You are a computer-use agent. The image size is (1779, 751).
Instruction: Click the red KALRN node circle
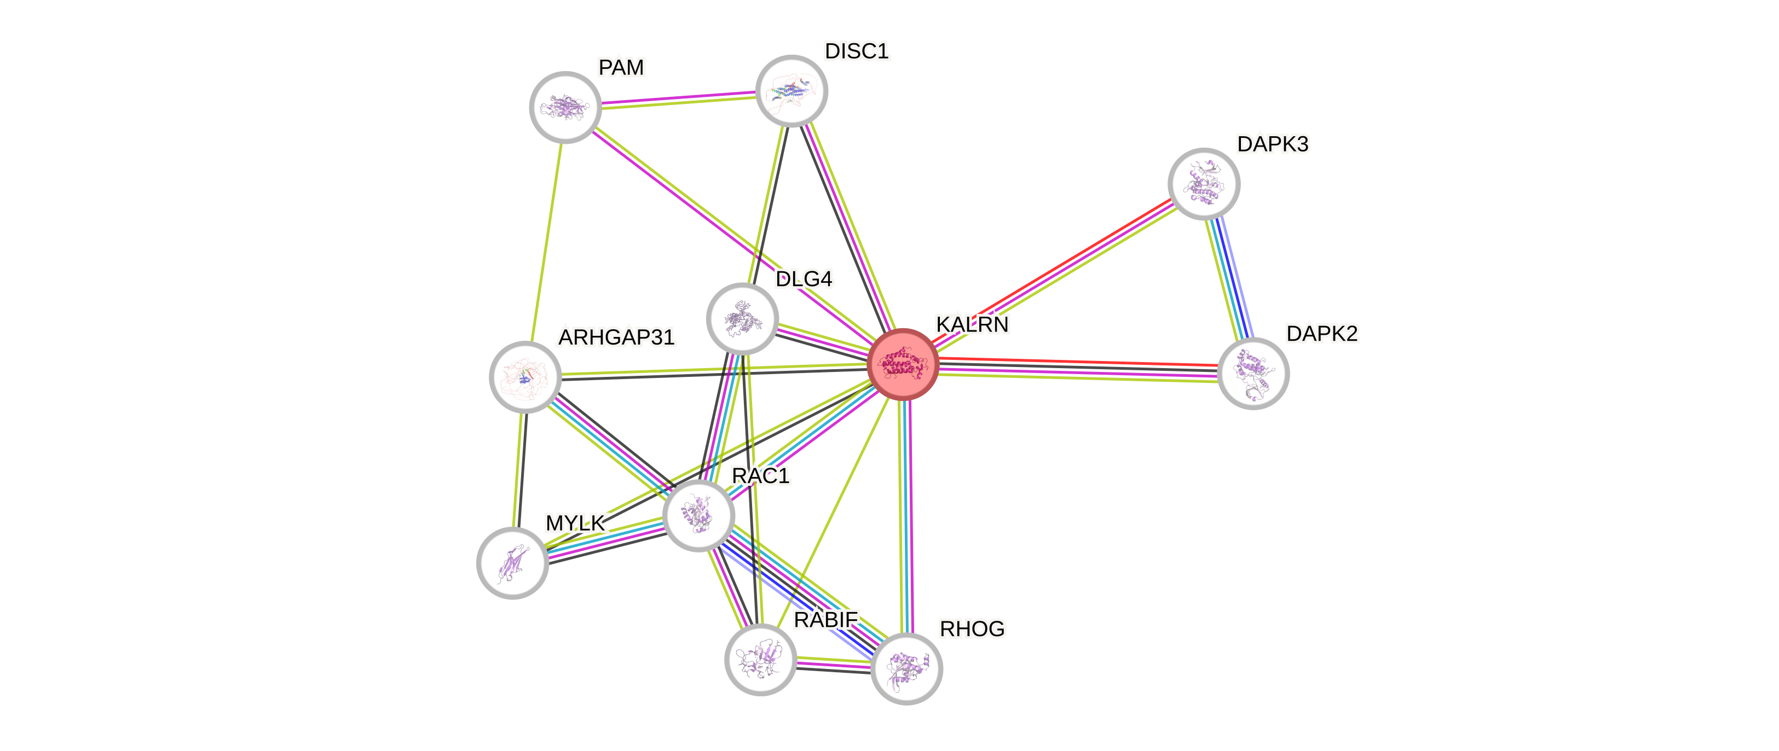[902, 364]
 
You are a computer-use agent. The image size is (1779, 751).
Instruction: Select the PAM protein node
[565, 107]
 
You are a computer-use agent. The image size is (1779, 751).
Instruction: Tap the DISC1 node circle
[792, 91]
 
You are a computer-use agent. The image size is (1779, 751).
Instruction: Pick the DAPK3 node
[1204, 184]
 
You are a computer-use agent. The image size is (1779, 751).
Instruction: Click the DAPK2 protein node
[1253, 374]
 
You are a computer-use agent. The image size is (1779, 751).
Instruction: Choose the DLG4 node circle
[742, 318]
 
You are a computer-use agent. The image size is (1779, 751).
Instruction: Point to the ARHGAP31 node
[525, 377]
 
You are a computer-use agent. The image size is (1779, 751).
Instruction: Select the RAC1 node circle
[698, 515]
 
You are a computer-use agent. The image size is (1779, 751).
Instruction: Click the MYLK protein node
[512, 563]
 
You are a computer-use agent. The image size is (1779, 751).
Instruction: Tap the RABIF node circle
[760, 659]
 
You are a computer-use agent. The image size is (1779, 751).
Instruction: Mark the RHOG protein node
[906, 668]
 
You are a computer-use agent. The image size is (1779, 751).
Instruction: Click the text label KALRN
[972, 324]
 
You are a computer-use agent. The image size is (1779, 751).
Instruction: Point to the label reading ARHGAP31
[616, 337]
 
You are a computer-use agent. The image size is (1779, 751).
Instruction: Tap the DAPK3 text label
[1272, 144]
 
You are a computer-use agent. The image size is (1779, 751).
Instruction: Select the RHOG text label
[972, 629]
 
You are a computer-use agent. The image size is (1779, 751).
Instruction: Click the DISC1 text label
[856, 51]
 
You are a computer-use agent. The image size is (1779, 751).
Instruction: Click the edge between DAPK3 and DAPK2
[1228, 279]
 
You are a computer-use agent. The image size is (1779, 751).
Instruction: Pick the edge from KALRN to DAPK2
[1077, 369]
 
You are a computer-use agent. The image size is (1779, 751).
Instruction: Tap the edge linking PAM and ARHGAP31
[545, 242]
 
